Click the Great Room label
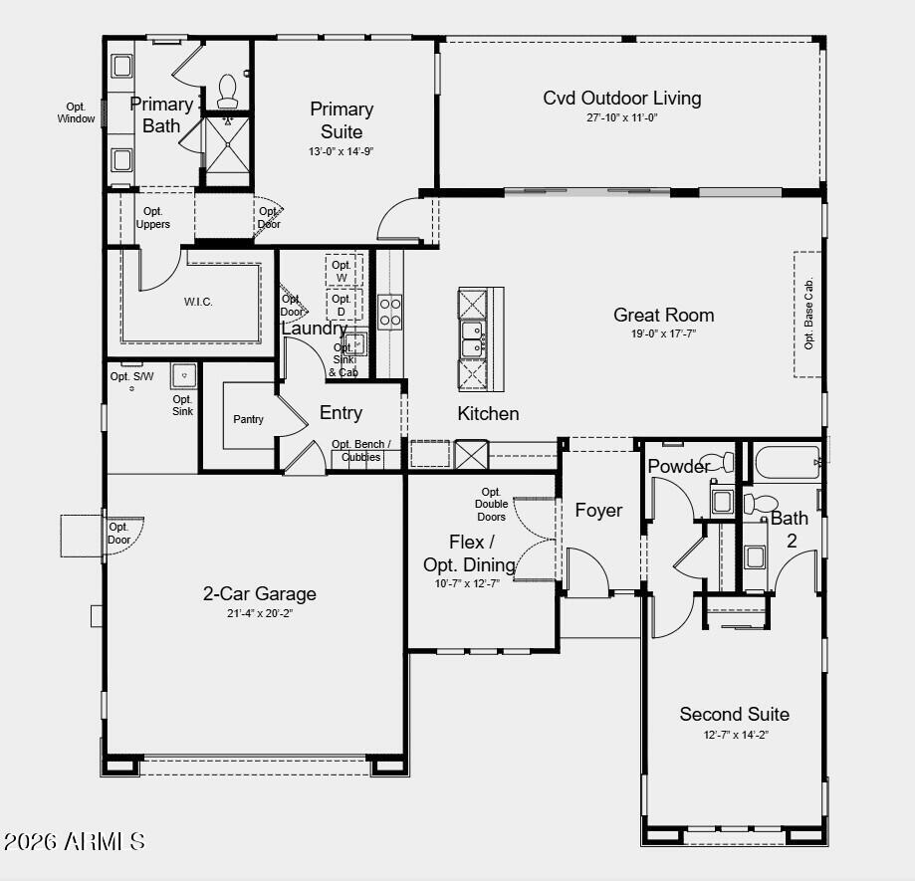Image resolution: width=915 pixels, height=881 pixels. click(663, 316)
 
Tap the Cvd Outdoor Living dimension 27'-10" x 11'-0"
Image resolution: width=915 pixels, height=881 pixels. click(621, 117)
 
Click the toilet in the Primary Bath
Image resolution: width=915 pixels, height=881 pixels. click(227, 91)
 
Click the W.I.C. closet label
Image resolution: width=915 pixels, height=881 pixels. click(198, 302)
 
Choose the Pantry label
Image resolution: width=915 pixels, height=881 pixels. click(248, 419)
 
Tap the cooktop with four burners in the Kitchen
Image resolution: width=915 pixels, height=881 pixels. click(390, 312)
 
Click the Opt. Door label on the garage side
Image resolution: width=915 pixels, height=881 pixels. click(118, 534)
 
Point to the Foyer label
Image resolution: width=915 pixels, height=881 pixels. click(598, 511)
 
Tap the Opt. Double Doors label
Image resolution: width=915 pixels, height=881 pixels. click(491, 505)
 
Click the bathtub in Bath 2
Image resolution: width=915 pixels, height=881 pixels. click(787, 463)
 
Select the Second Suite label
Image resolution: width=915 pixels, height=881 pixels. click(734, 714)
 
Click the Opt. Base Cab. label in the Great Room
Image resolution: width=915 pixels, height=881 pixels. click(808, 313)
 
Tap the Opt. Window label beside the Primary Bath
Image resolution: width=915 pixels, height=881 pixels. click(76, 112)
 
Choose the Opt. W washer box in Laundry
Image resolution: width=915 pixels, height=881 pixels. click(343, 271)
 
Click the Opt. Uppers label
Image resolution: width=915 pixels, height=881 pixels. click(153, 218)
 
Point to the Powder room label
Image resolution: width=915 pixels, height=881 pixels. click(679, 467)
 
